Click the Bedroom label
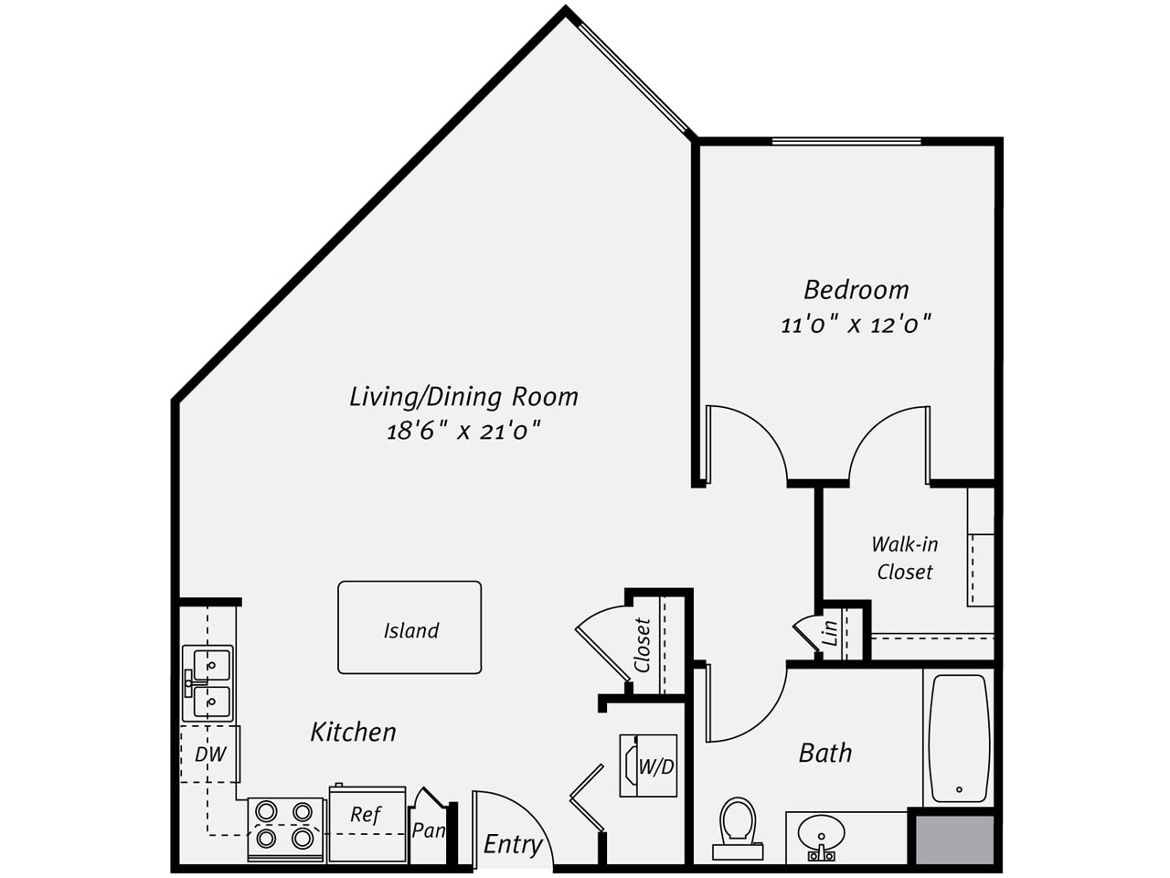point(856,290)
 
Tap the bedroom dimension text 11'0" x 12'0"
point(856,324)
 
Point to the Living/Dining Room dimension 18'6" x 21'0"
point(463,430)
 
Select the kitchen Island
point(409,627)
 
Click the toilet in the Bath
point(738,830)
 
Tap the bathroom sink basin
point(821,831)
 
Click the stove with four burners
point(285,830)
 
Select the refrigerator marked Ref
point(367,823)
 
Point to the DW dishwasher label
point(210,755)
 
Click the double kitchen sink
point(207,683)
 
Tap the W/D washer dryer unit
point(648,766)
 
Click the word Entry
point(513,845)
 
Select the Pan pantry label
point(429,830)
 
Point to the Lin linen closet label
point(831,633)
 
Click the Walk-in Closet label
point(905,558)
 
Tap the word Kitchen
point(354,732)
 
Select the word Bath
point(825,754)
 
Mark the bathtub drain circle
point(959,789)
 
